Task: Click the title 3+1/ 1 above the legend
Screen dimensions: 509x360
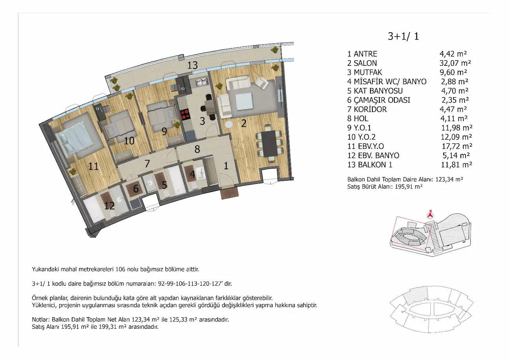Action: pyautogui.click(x=403, y=36)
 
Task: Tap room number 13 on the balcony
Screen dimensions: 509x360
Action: pyautogui.click(x=192, y=65)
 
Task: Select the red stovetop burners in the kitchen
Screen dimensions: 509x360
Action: pyautogui.click(x=185, y=114)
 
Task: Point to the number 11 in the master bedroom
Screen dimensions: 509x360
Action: pyautogui.click(x=94, y=166)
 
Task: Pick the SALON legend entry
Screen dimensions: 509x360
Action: pyautogui.click(x=362, y=63)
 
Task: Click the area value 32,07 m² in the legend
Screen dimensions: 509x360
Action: pyautogui.click(x=455, y=63)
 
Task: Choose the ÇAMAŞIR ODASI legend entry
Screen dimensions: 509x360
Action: pyautogui.click(x=379, y=100)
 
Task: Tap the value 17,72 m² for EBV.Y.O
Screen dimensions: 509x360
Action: pyautogui.click(x=457, y=146)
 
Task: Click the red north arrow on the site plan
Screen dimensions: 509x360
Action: pyautogui.click(x=430, y=215)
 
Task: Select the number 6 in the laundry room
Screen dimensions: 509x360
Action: pyautogui.click(x=136, y=188)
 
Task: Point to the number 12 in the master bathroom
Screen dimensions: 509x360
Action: pyautogui.click(x=109, y=206)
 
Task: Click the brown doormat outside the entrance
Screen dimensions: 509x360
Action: pyautogui.click(x=229, y=194)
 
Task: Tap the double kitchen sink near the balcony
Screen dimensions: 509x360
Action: pyautogui.click(x=202, y=81)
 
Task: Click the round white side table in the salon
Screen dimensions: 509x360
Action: pyautogui.click(x=229, y=125)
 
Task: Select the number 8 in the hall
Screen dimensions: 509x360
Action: pyautogui.click(x=197, y=149)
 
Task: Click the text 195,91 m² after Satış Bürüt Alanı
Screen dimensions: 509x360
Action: pyautogui.click(x=408, y=186)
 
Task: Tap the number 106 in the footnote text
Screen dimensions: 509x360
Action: pyautogui.click(x=121, y=270)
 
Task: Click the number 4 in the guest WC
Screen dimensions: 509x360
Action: pyautogui.click(x=192, y=175)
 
